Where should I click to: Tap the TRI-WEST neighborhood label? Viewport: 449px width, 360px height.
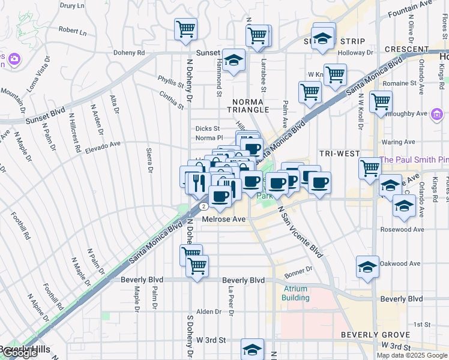point(339,154)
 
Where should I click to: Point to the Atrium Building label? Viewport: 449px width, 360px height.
point(296,293)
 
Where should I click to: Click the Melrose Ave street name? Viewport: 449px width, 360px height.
point(224,220)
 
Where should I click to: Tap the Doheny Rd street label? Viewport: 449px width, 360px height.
point(133,53)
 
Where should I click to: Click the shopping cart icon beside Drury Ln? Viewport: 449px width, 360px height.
point(186,28)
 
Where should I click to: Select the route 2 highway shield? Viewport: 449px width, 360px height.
point(205,206)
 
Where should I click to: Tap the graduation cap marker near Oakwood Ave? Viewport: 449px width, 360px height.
point(367,266)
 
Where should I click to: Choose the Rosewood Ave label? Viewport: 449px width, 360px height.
point(402,229)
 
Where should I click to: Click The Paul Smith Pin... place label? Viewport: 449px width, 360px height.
point(414,160)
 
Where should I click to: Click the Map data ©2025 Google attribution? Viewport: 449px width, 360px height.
point(412,355)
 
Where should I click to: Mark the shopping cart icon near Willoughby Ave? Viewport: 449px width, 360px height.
point(381,102)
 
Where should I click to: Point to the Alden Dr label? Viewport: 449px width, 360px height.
point(209,312)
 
